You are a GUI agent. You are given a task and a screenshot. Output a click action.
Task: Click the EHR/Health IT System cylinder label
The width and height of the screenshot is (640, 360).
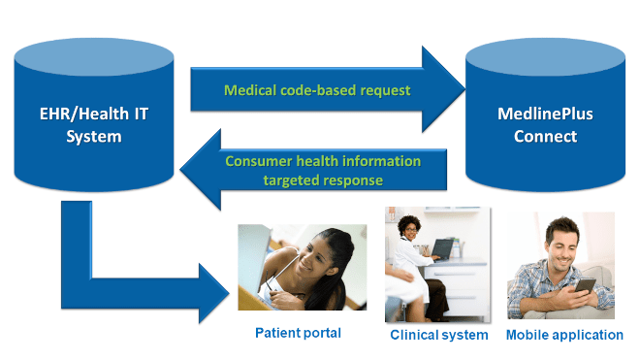pyautogui.click(x=94, y=125)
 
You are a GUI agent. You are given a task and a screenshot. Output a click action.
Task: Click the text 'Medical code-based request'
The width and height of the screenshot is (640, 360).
pyautogui.click(x=317, y=90)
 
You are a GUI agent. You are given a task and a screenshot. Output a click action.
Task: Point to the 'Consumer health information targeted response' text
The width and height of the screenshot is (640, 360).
pyautogui.click(x=323, y=171)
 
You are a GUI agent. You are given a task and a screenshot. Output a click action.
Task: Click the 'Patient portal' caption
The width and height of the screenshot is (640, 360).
pyautogui.click(x=298, y=334)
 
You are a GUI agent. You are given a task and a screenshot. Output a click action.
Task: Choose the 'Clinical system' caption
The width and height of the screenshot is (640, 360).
pyautogui.click(x=438, y=335)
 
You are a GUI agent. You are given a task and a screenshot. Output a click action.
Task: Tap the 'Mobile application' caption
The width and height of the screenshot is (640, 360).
pyautogui.click(x=564, y=335)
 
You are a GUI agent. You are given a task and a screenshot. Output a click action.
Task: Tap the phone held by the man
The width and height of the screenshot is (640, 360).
pyautogui.click(x=586, y=286)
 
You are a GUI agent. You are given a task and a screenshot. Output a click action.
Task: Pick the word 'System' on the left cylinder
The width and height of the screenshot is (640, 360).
pyautogui.click(x=94, y=137)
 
